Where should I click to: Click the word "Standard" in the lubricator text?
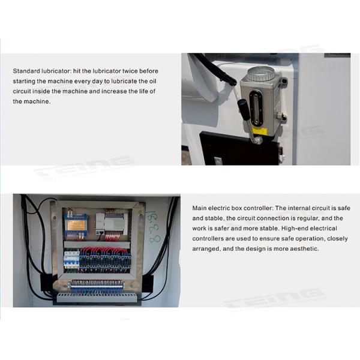tap(26, 71)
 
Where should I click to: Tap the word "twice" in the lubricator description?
tap(120, 71)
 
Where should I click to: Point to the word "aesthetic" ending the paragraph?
tap(304, 248)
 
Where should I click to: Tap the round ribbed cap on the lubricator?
tap(261, 74)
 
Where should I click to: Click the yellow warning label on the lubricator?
tap(259, 130)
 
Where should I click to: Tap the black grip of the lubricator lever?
tap(244, 110)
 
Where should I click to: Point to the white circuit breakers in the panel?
tap(71, 259)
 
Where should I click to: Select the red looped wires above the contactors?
tap(102, 251)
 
